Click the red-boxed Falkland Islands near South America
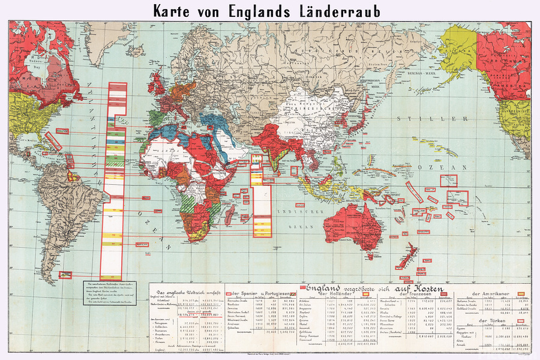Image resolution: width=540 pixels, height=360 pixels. coord(65,275)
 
